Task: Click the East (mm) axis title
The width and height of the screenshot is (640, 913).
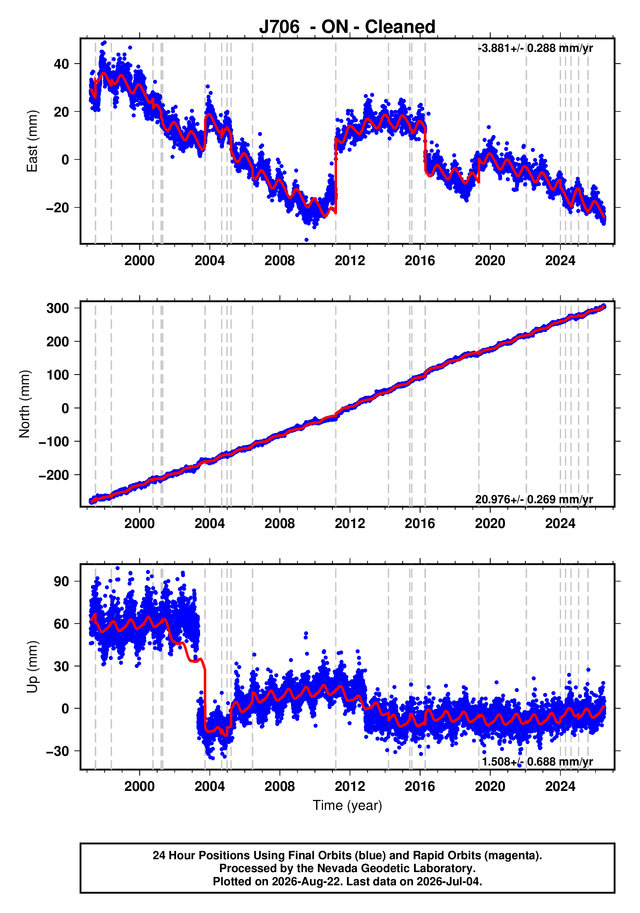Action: pos(32,141)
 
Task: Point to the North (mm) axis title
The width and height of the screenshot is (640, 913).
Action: pos(25,404)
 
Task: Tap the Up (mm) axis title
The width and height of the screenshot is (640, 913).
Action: pos(32,667)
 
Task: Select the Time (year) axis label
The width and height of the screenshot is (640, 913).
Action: pos(347,805)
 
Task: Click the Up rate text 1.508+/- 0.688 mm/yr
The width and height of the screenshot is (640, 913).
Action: pos(538,762)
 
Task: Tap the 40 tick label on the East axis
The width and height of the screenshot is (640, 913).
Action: pos(61,64)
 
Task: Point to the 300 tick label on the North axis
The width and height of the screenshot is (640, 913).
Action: pos(58,308)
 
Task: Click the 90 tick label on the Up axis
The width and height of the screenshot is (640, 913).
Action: pos(61,581)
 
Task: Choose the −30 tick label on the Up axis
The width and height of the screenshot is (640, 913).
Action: pos(58,751)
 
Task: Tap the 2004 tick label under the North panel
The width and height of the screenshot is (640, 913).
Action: pos(209,523)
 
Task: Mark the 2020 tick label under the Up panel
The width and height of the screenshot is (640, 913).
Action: pos(490,786)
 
